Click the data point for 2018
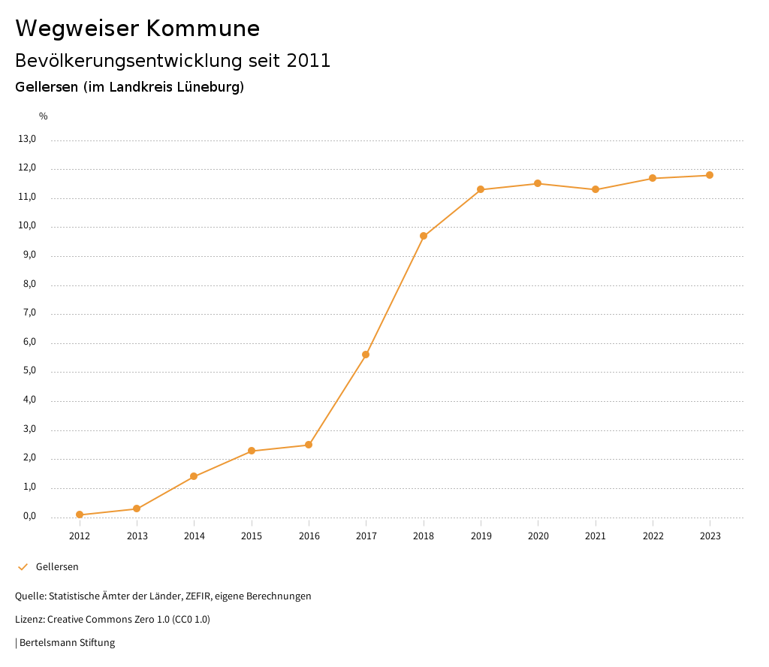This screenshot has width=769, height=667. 424,236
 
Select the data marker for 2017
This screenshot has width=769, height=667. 366,355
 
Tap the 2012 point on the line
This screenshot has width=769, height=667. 80,515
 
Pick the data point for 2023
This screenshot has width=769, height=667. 710,175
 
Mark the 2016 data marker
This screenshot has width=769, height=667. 309,445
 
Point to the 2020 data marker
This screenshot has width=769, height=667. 538,183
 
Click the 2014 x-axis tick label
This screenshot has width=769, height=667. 194,536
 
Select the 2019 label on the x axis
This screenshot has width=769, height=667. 481,536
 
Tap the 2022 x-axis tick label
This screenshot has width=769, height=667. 653,536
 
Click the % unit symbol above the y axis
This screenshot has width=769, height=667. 44,116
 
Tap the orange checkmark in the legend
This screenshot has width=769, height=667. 23,566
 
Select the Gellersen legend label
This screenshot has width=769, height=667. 57,566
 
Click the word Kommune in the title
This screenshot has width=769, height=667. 204,29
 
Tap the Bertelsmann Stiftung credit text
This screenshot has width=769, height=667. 67,642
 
